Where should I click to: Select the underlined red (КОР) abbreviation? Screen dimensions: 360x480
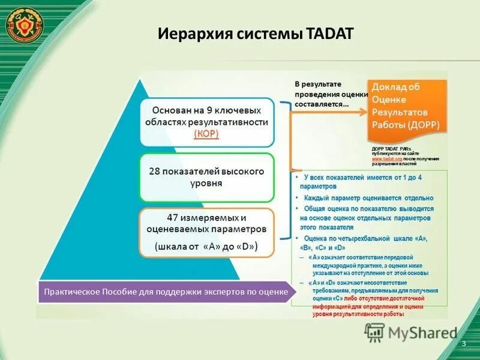pyautogui.click(x=206, y=133)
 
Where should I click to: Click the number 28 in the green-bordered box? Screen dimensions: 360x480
pyautogui.click(x=155, y=171)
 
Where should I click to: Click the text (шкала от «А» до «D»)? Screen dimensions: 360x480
pyautogui.click(x=206, y=246)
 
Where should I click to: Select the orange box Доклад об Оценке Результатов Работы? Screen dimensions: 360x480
pyautogui.click(x=407, y=106)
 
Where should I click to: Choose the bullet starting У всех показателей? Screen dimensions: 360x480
pyautogui.click(x=366, y=181)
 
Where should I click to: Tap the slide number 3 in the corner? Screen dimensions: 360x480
pyautogui.click(x=464, y=343)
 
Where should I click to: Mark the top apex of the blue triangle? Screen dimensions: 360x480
pyautogui.click(x=140, y=79)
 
